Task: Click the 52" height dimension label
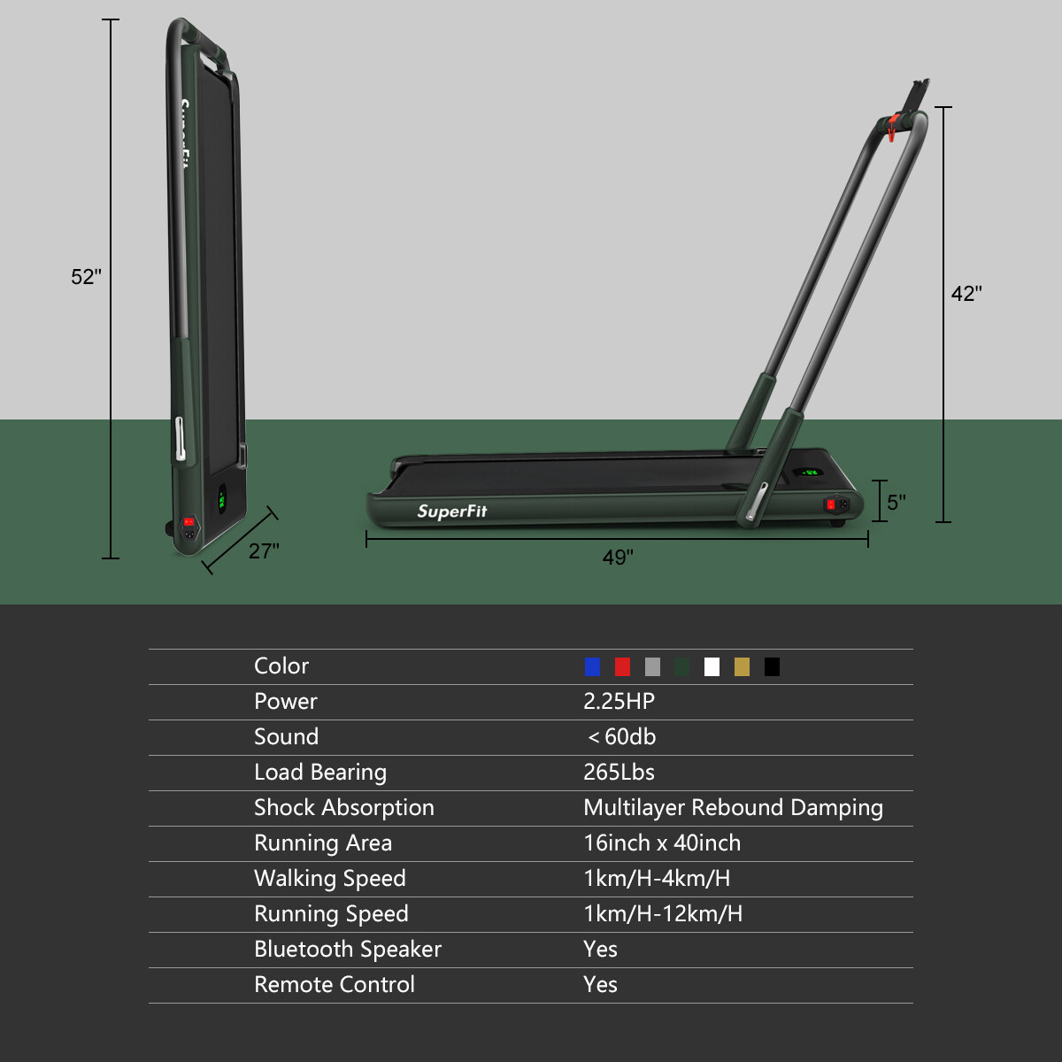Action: click(86, 277)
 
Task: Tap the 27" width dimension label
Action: click(264, 551)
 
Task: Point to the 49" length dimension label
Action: click(618, 558)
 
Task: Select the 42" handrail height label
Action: click(966, 294)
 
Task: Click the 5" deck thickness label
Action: click(897, 503)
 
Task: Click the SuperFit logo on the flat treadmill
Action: click(452, 511)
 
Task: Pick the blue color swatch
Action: click(593, 666)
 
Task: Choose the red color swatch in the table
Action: click(623, 666)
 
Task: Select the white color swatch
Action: click(712, 666)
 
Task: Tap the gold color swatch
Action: click(743, 666)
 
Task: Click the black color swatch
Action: click(773, 666)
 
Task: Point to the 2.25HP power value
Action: click(619, 702)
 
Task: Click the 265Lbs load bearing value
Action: click(619, 773)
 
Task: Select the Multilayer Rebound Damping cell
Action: click(733, 808)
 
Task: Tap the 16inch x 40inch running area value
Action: click(662, 843)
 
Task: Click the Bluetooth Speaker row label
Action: click(347, 950)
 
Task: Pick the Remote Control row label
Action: click(334, 985)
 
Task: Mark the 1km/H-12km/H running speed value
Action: click(663, 914)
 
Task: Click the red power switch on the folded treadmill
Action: click(189, 522)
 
